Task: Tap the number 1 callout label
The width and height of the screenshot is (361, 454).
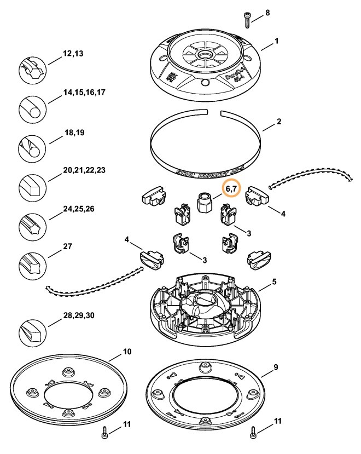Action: point(277,41)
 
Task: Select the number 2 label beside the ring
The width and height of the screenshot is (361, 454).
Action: point(279,122)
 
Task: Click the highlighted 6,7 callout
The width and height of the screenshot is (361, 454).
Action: point(232,188)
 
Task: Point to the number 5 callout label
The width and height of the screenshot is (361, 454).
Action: point(275,282)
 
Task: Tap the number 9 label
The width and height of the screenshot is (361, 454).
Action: point(276,367)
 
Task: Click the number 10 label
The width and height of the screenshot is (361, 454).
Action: point(127,351)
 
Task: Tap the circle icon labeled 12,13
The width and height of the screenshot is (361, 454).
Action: point(33,68)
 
